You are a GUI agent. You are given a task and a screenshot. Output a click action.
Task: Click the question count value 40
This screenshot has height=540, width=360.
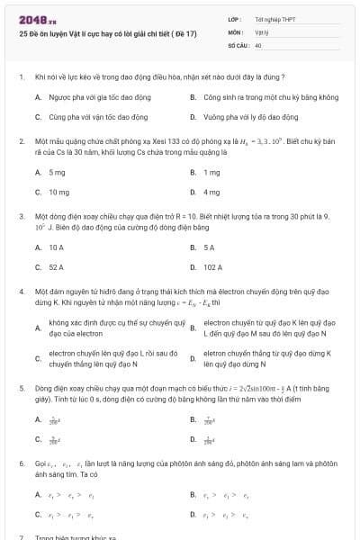click(x=258, y=44)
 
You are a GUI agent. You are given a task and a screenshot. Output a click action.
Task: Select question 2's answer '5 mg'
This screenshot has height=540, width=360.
click(x=57, y=172)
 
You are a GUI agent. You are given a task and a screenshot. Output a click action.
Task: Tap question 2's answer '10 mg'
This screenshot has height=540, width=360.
click(x=58, y=192)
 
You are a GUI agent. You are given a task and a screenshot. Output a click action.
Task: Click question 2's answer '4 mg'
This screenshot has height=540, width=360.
click(x=212, y=192)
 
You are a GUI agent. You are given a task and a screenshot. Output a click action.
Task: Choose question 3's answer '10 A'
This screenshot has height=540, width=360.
click(x=57, y=247)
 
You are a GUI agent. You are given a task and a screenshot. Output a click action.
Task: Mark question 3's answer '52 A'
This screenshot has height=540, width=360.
click(x=57, y=267)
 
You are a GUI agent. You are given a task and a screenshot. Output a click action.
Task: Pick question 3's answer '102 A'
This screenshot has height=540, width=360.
click(x=213, y=267)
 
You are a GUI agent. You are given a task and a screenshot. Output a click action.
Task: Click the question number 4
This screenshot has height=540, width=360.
click(x=21, y=292)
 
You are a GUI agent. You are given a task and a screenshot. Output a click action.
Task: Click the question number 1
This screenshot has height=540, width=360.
click(x=21, y=77)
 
